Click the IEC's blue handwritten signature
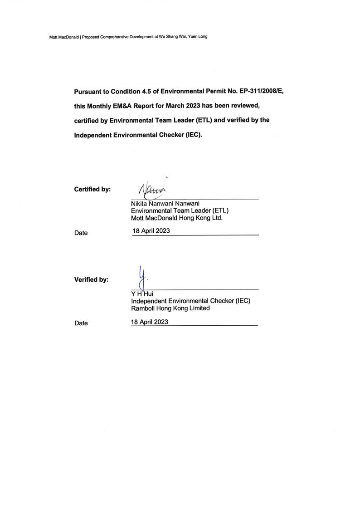tap(142, 277)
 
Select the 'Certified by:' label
tap(92, 189)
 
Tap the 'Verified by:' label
tap(91, 280)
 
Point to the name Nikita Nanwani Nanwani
tap(165, 204)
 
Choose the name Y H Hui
tap(142, 294)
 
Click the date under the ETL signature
tap(151, 231)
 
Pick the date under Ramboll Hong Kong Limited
tap(150, 322)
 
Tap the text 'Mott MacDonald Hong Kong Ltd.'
tap(176, 217)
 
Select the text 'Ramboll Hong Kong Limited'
tap(170, 308)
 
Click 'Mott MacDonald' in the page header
tap(64, 37)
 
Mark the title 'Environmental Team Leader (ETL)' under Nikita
tap(180, 210)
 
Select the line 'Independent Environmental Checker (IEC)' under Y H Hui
tap(190, 301)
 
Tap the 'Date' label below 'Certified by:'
tap(81, 233)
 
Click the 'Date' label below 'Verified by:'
tap(81, 323)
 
